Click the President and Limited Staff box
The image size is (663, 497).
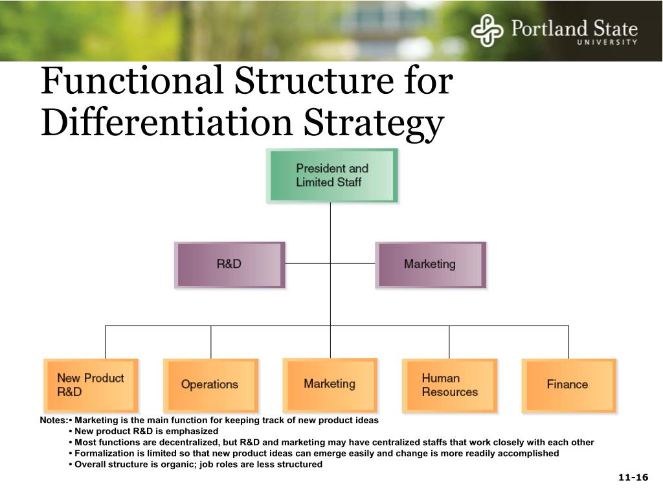331,175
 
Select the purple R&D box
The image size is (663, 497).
229,264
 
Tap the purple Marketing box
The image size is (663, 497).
430,264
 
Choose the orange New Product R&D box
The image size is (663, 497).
91,385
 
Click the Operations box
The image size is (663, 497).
210,385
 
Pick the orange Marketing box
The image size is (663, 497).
330,384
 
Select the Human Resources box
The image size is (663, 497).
449,385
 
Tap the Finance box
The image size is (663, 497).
568,385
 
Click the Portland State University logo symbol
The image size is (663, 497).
487,31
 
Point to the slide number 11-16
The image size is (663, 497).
633,478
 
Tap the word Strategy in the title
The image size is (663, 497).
375,123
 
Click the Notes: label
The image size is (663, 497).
53,421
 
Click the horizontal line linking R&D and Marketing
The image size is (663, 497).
330,264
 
